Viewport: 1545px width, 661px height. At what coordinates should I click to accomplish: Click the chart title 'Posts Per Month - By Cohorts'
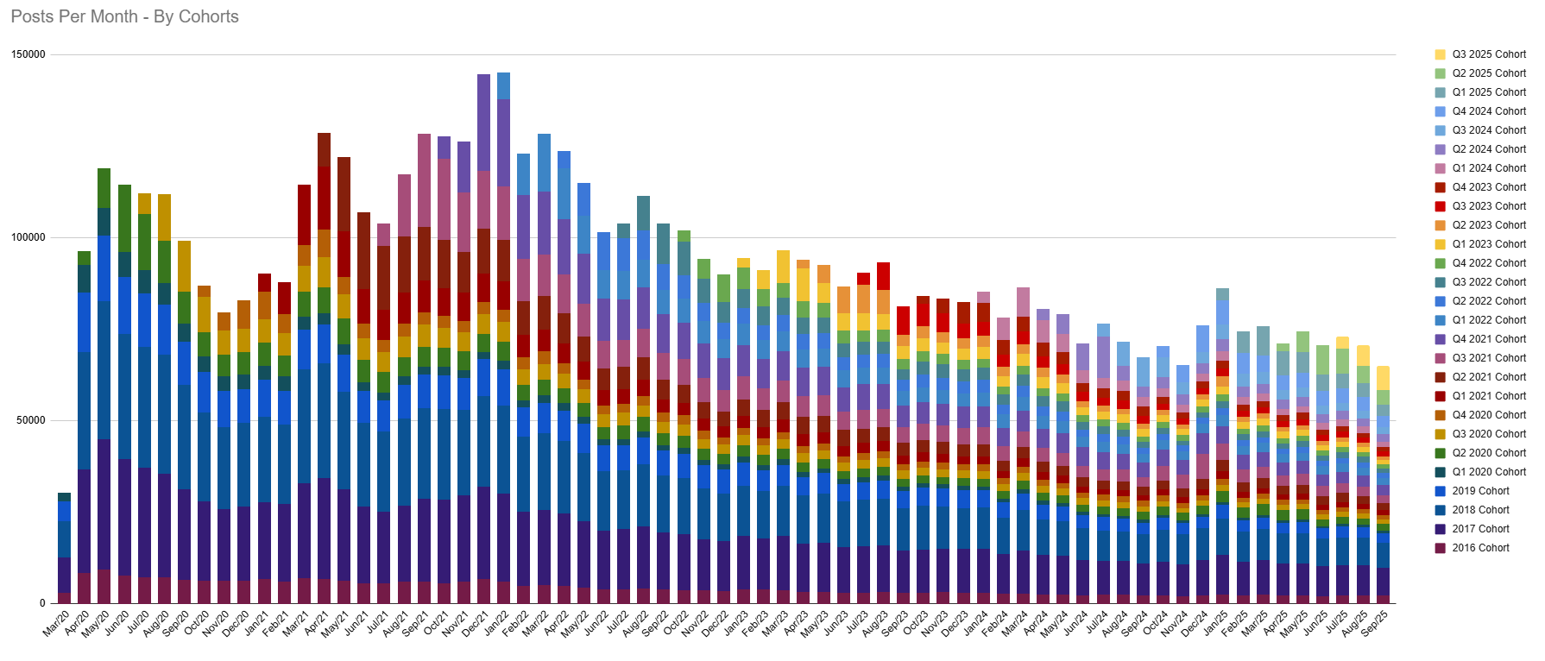(124, 16)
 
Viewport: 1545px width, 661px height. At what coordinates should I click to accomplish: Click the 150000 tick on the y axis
(28, 54)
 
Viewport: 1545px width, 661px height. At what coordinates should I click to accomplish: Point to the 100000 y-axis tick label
(28, 237)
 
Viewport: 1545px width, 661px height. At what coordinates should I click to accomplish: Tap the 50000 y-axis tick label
(31, 420)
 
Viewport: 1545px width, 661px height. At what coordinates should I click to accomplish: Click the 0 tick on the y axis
(41, 603)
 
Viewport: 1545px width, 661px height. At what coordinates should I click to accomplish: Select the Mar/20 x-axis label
(57, 623)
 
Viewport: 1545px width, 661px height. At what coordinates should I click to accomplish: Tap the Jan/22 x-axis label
(497, 623)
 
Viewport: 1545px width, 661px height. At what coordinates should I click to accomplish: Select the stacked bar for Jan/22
(503, 345)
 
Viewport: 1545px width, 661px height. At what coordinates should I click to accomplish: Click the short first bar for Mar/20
(65, 552)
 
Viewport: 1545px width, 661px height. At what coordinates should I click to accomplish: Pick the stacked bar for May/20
(104, 388)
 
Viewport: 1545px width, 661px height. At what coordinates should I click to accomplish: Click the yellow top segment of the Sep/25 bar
(1383, 378)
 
